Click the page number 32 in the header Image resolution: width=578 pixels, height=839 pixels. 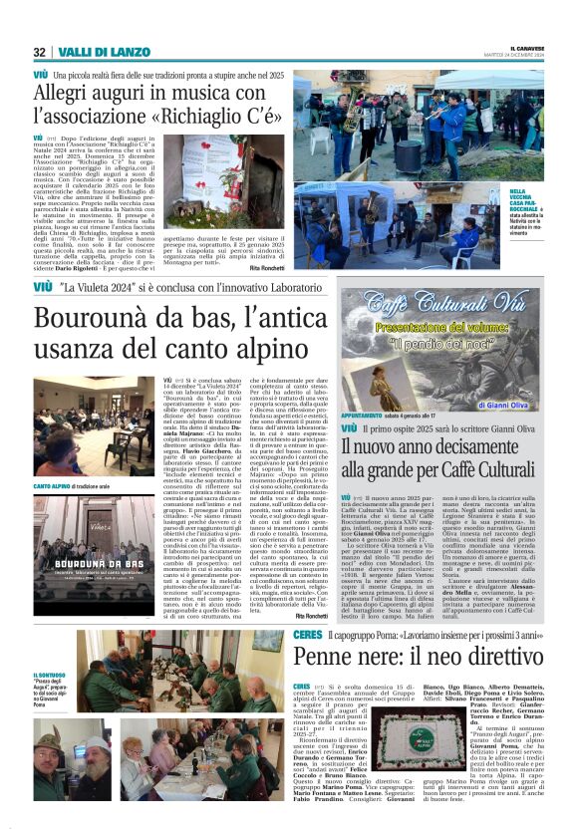[x=39, y=52]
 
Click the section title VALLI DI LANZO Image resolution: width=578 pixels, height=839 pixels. [x=91, y=52]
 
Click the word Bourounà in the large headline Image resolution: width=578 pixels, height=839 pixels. [x=101, y=321]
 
